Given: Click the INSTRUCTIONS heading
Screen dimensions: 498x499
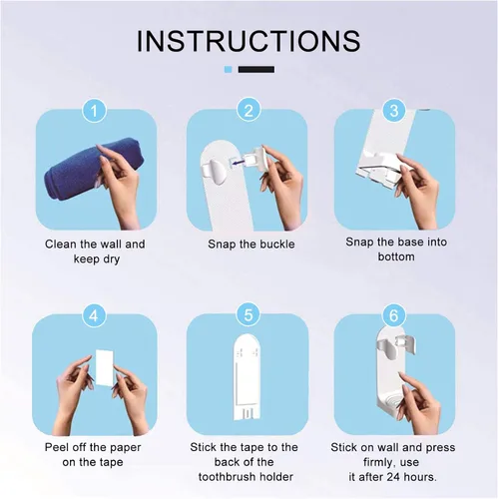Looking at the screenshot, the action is click(249, 41).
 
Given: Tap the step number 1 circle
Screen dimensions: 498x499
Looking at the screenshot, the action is click(95, 111).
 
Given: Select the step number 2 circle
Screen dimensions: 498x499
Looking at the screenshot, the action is click(249, 111).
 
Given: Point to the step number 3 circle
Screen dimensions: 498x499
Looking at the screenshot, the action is click(394, 111).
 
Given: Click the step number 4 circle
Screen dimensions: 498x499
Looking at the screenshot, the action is click(95, 315).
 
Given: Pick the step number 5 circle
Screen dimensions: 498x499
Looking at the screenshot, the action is click(249, 315).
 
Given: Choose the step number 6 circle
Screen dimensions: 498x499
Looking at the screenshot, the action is click(394, 315).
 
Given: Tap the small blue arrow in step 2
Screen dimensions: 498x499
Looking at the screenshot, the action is click(239, 162).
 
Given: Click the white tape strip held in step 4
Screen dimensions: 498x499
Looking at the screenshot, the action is click(105, 367).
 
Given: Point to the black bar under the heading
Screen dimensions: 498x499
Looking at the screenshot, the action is click(256, 69).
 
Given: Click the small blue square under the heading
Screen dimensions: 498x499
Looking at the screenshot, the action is click(228, 69).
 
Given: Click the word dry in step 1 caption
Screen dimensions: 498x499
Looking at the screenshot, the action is click(111, 259).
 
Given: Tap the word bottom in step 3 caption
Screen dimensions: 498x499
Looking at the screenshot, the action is click(396, 256).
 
